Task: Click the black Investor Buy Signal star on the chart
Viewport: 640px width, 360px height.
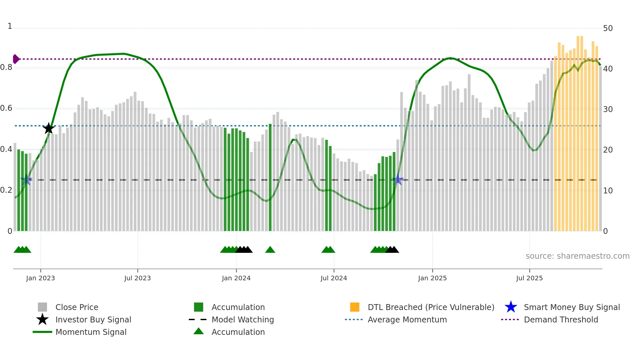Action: [x=49, y=128]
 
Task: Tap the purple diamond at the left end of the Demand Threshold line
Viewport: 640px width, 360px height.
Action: [x=16, y=59]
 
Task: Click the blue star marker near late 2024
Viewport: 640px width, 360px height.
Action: [x=398, y=179]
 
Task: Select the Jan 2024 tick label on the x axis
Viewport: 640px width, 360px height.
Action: [x=236, y=278]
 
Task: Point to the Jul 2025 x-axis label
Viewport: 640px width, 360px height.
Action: [x=529, y=278]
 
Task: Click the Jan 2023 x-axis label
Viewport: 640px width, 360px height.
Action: [x=40, y=278]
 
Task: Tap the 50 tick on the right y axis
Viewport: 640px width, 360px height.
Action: [x=608, y=28]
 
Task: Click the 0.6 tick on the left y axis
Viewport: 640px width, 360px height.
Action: [x=7, y=108]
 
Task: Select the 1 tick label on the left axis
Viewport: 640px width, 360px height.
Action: [x=10, y=26]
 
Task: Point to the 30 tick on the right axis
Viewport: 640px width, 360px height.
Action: [x=608, y=109]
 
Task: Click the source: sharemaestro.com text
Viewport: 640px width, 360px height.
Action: [x=577, y=256]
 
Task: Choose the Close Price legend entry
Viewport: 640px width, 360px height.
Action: [x=77, y=307]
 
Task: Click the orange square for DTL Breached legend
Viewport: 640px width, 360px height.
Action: [x=355, y=307]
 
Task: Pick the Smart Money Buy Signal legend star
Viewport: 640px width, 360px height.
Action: [x=511, y=307]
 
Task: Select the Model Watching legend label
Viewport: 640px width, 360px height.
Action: [x=243, y=319]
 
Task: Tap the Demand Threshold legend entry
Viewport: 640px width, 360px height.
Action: [x=561, y=319]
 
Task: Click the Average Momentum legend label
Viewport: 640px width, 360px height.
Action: [x=407, y=319]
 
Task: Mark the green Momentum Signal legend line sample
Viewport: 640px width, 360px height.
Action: [x=42, y=332]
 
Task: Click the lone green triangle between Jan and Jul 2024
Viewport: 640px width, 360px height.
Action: [x=270, y=250]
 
